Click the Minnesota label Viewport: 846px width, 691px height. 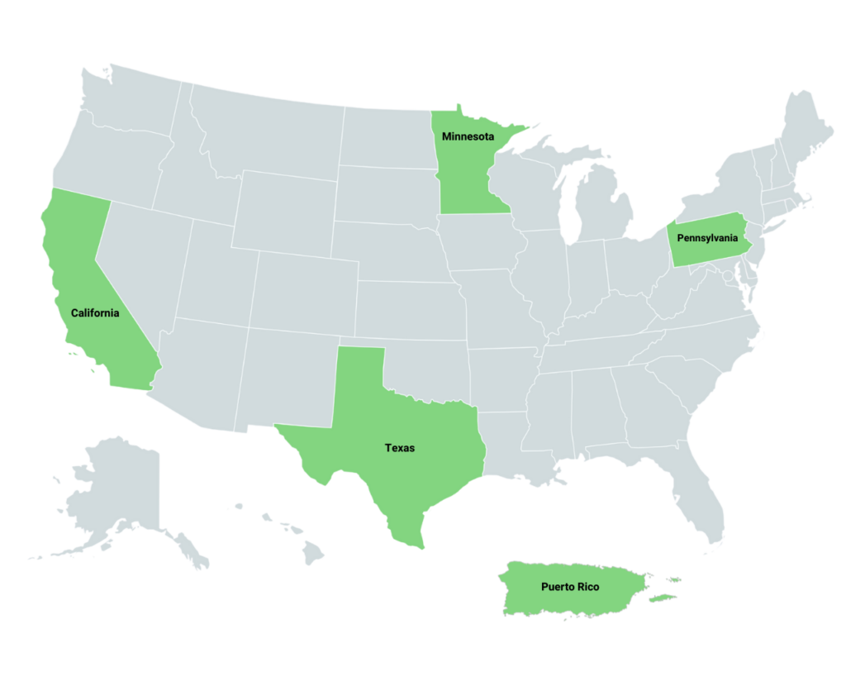pyautogui.click(x=468, y=136)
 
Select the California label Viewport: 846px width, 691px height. pyautogui.click(x=95, y=313)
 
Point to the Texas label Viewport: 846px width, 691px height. pyautogui.click(x=400, y=448)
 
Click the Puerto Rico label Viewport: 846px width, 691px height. pyautogui.click(x=570, y=587)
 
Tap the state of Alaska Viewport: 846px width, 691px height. pyautogui.click(x=116, y=488)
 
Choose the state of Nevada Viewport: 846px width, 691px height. pyautogui.click(x=140, y=256)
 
